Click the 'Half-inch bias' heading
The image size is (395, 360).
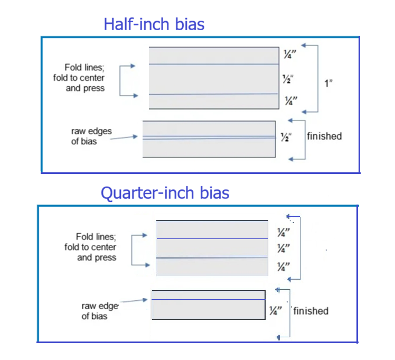(x=154, y=24)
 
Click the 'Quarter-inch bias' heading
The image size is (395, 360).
(x=165, y=192)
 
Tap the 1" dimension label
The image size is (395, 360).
(x=328, y=83)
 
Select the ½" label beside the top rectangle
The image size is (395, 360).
(x=287, y=79)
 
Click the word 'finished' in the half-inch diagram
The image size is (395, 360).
(x=324, y=136)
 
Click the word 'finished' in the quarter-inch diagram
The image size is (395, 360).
(x=311, y=311)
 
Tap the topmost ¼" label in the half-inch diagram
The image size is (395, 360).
(x=288, y=54)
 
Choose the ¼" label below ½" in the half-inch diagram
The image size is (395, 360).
(x=289, y=100)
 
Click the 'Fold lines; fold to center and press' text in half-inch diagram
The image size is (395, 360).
(x=86, y=78)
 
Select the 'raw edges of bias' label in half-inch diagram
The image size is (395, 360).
(x=91, y=136)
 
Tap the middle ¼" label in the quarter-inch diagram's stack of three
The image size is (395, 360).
(x=284, y=248)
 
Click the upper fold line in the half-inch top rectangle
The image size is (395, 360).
(x=213, y=64)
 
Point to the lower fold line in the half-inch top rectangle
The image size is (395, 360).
(x=213, y=94)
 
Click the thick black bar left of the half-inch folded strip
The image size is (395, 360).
(x=140, y=139)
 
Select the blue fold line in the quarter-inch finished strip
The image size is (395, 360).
(x=208, y=300)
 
